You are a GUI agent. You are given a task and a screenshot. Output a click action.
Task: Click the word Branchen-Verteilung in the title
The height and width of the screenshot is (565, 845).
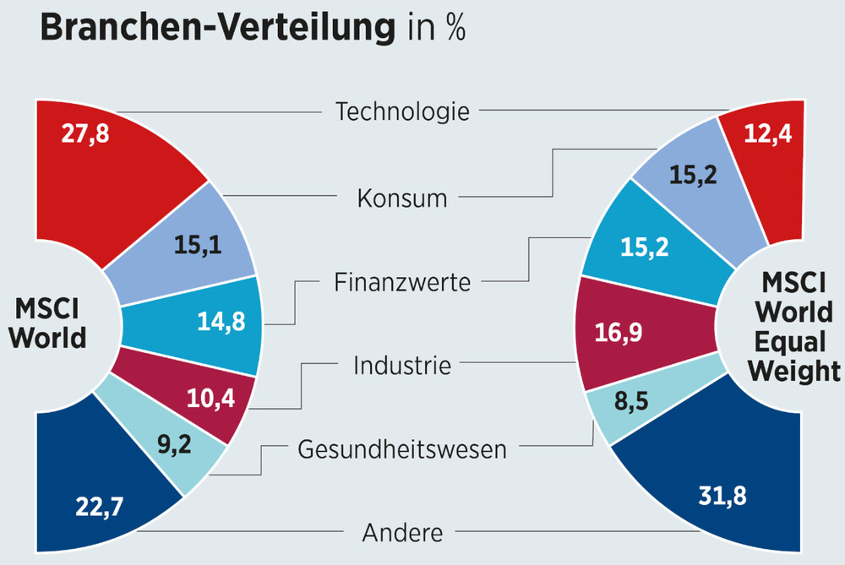click(215, 27)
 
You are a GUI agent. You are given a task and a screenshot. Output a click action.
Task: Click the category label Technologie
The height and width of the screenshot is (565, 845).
click(401, 111)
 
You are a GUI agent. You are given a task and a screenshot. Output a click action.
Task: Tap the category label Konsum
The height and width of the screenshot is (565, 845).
click(401, 199)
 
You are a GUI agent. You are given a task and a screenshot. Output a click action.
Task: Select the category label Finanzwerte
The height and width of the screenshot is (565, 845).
click(401, 282)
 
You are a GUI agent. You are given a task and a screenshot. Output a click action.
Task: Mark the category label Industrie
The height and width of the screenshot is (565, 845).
click(401, 366)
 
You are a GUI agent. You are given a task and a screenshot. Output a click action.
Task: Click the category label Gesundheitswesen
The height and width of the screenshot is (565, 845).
click(401, 449)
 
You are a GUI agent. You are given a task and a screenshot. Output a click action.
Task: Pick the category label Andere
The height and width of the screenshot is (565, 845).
click(401, 533)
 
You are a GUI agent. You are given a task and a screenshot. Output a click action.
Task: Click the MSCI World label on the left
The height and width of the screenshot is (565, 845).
click(50, 323)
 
